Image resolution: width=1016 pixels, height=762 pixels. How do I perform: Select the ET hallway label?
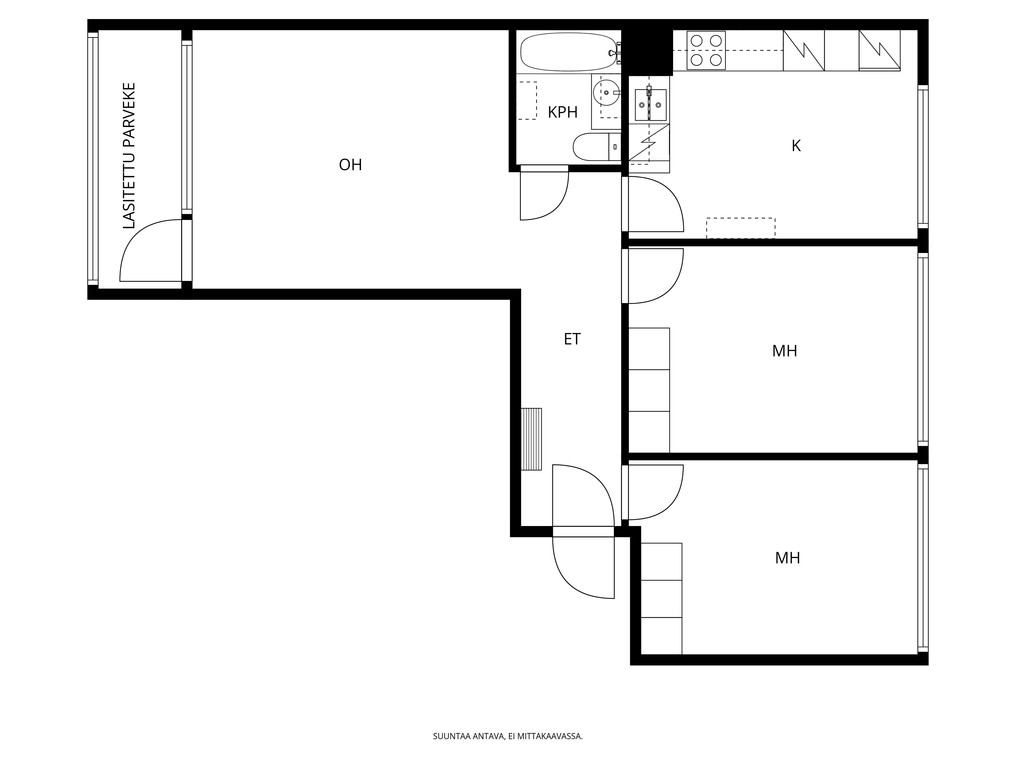572,339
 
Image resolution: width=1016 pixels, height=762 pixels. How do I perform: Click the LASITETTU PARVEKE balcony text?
130,156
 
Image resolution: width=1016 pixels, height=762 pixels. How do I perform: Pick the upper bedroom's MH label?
785,351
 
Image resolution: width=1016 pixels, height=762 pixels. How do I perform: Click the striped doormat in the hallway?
531,439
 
